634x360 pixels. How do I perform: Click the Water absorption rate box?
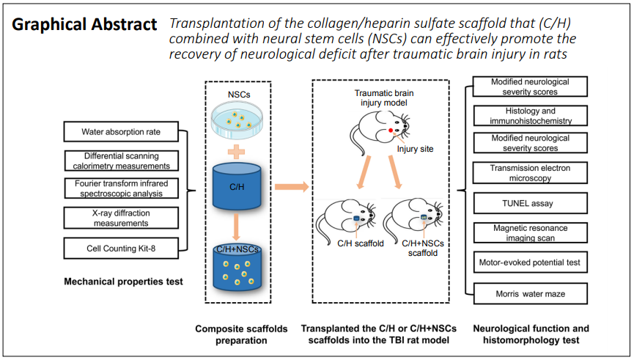[x=121, y=131]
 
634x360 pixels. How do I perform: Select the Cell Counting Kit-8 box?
[x=121, y=248]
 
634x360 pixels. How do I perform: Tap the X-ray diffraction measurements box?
[x=121, y=218]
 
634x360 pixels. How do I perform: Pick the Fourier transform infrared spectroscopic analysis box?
[x=121, y=188]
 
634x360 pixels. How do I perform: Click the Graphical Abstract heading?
[x=84, y=25]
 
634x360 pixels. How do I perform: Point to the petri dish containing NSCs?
[x=237, y=120]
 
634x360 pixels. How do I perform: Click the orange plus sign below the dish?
[x=236, y=152]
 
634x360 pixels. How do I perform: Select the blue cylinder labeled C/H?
[x=237, y=186]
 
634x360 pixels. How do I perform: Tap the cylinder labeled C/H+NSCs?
[x=237, y=268]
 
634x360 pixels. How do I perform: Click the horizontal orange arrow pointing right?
[x=292, y=186]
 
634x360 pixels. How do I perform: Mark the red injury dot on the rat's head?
[x=391, y=131]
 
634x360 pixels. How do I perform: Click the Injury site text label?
[x=415, y=149]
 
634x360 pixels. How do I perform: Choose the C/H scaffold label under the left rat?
[x=361, y=243]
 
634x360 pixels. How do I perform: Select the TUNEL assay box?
[x=530, y=203]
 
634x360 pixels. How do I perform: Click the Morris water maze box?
[x=530, y=294]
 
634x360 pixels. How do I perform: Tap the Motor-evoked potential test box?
[x=530, y=262]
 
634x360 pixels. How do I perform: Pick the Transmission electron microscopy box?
[x=530, y=173]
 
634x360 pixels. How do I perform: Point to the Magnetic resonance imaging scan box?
[x=530, y=232]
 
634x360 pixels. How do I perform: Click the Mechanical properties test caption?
[x=123, y=282]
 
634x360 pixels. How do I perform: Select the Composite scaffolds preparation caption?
[x=241, y=334]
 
